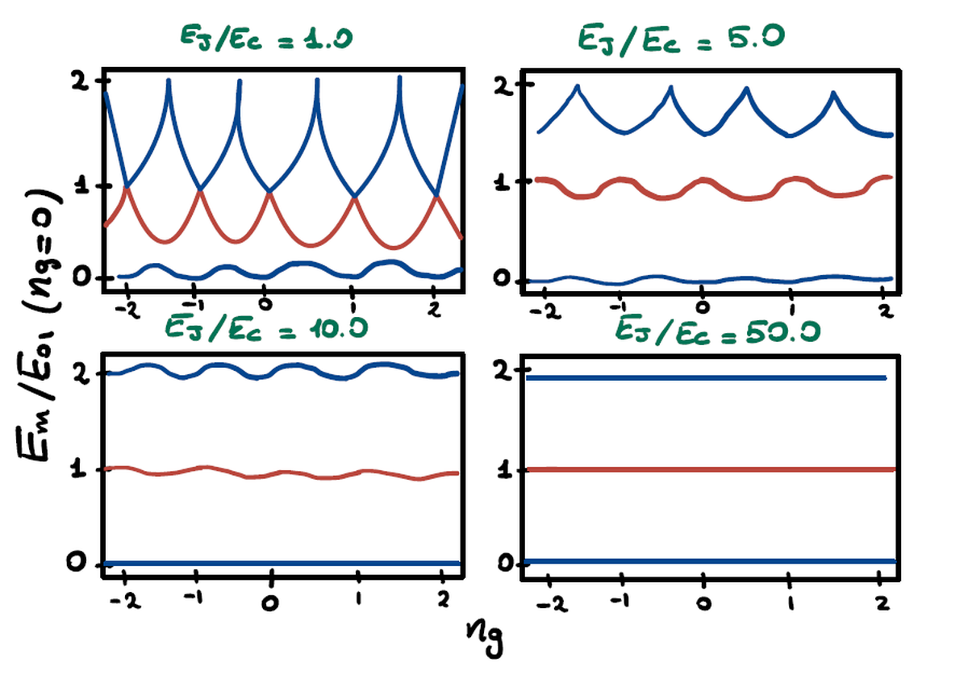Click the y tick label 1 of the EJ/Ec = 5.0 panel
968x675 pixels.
point(503,181)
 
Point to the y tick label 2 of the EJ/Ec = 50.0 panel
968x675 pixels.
point(504,373)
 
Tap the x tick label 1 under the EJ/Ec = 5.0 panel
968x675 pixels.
point(792,310)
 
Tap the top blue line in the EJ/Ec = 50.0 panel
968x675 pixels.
point(702,377)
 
